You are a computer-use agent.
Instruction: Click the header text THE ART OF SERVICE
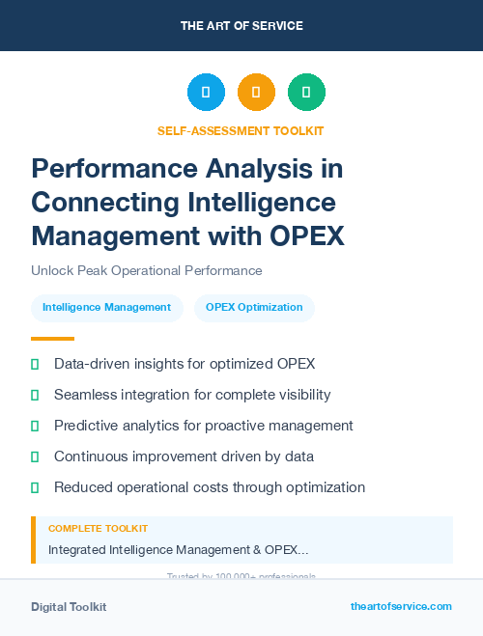241,25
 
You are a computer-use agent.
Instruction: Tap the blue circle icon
206,93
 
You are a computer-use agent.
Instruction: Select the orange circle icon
256,93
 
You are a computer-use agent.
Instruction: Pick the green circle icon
306,93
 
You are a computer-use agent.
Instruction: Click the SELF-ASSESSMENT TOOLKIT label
241,130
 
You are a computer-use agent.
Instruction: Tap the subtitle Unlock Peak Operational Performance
146,270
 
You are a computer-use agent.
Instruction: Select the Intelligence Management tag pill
106,307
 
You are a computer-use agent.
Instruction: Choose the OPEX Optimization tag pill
254,307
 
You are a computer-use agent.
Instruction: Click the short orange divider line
52,339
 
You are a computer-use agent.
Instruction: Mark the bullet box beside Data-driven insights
35,364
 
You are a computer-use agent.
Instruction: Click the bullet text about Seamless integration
192,395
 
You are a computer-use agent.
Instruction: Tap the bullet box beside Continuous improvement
35,456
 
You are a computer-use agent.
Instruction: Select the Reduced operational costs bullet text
210,487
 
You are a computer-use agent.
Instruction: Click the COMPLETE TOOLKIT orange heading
98,529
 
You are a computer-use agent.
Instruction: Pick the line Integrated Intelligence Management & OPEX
179,549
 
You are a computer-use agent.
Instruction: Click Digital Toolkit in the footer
69,607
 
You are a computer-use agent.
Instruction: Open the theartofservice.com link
401,606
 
